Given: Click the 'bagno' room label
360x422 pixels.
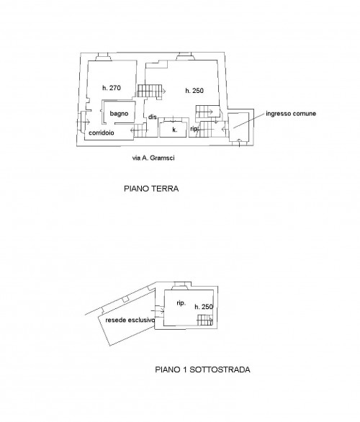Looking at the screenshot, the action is click(119, 114).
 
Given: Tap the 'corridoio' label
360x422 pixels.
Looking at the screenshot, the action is click(102, 133).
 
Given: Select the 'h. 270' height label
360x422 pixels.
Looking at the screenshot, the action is click(112, 88).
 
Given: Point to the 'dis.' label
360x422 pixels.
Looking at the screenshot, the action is click(153, 117).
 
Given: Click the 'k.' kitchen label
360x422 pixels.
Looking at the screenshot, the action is click(175, 130).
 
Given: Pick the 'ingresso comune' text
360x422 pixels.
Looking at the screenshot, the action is click(291, 114).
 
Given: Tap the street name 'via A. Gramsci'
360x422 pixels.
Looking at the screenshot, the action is click(153, 158).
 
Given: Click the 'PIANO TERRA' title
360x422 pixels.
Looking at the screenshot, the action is click(151, 189).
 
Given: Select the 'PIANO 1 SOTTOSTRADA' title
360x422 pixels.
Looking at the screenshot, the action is click(202, 369).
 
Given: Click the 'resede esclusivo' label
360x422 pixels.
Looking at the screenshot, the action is click(130, 320).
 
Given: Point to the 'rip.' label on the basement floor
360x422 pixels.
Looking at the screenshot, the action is click(181, 303).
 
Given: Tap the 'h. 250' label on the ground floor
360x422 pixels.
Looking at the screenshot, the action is click(194, 91).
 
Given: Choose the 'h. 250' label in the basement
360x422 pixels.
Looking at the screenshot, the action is click(204, 307).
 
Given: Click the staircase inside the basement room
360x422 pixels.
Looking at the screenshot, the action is click(205, 320).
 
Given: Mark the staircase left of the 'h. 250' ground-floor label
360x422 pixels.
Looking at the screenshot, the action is click(150, 91).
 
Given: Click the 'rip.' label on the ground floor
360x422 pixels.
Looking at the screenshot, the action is click(194, 129).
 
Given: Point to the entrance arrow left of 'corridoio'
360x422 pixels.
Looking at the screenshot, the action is click(83, 122).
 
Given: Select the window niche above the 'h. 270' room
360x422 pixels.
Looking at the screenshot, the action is click(104, 57).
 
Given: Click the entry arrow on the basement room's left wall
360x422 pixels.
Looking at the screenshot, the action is click(158, 311).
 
